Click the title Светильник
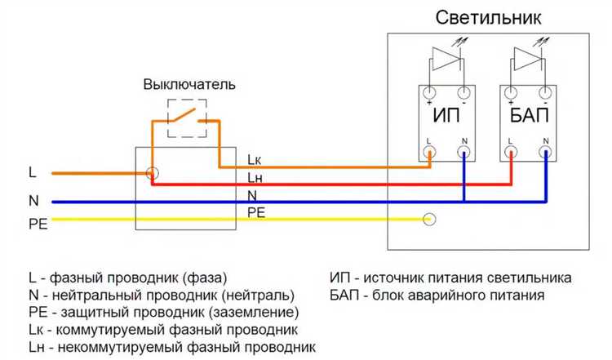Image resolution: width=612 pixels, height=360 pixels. pyautogui.click(x=488, y=17)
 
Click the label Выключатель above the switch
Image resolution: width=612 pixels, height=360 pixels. pyautogui.click(x=189, y=84)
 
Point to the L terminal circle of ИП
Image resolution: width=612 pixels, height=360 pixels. pyautogui.click(x=429, y=151)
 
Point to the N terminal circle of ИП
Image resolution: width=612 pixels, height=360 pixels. pyautogui.click(x=463, y=151)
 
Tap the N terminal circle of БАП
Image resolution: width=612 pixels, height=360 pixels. pyautogui.click(x=545, y=151)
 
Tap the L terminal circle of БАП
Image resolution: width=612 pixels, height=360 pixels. pyautogui.click(x=511, y=151)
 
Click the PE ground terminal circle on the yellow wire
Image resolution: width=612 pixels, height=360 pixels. pyautogui.click(x=429, y=219)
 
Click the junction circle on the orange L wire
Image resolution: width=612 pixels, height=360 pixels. pyautogui.click(x=152, y=173)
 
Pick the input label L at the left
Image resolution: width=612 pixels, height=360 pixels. pyautogui.click(x=32, y=173)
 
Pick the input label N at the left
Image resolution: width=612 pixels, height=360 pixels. pyautogui.click(x=33, y=200)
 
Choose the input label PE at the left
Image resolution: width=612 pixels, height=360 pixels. pyautogui.click(x=38, y=223)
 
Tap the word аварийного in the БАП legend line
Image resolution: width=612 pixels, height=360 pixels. pyautogui.click(x=463, y=295)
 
